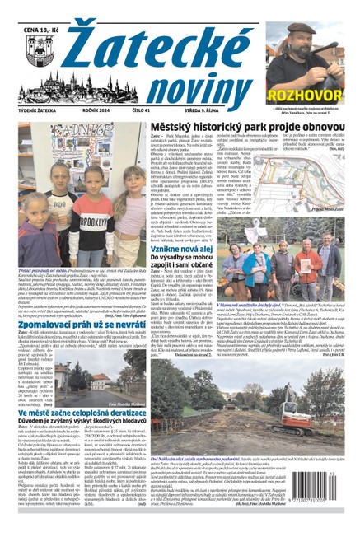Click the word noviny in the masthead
pos(190,82)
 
